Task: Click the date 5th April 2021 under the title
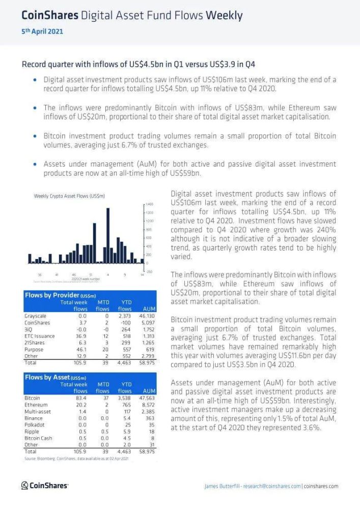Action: point(42,32)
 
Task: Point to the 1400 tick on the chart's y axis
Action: point(150,204)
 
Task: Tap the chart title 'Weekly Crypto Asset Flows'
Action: point(69,196)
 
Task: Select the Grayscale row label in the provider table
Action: point(35,316)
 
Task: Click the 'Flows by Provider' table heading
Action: point(60,295)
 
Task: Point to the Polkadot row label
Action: point(35,425)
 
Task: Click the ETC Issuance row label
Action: point(39,336)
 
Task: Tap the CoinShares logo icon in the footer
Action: point(24,486)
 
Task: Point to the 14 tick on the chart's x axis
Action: point(142,275)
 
